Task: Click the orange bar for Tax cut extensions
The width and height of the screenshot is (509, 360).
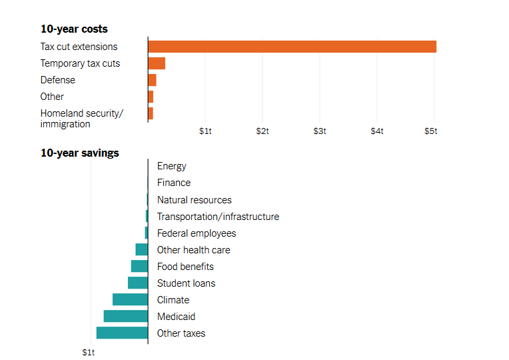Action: tap(292, 47)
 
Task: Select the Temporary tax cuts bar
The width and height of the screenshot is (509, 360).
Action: tap(157, 63)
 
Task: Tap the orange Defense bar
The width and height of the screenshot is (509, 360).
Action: tap(152, 80)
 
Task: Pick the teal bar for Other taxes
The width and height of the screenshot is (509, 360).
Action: tap(122, 333)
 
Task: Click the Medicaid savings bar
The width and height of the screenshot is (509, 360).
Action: tap(126, 316)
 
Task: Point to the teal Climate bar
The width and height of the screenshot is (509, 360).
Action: tap(130, 299)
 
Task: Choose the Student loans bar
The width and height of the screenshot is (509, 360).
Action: tap(138, 283)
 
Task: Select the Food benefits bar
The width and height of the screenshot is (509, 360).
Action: tap(139, 266)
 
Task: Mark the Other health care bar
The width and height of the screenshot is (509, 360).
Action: tap(141, 249)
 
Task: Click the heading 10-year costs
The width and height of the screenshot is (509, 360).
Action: tap(74, 29)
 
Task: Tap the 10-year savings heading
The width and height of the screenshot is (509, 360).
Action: tap(79, 153)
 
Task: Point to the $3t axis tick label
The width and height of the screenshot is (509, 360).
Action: tap(320, 131)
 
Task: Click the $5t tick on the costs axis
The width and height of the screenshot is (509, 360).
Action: tap(431, 131)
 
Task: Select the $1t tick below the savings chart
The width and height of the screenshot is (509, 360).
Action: tap(89, 351)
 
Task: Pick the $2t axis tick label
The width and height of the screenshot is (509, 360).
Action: tap(262, 131)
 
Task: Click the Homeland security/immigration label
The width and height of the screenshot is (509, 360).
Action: tap(81, 118)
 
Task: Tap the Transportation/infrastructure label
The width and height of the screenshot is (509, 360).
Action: tap(218, 217)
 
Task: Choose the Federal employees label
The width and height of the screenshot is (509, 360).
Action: tap(197, 233)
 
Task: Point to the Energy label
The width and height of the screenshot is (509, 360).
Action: tap(172, 166)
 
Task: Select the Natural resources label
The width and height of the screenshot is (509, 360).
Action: tap(194, 200)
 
